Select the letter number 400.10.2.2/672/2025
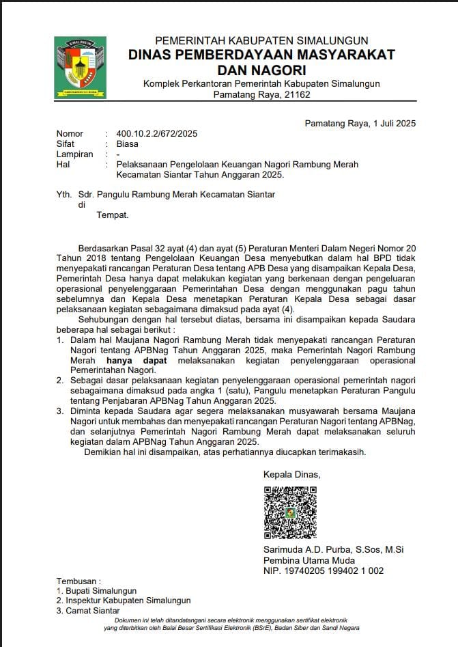click(x=157, y=134)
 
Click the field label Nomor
click(x=70, y=134)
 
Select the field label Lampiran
click(x=74, y=154)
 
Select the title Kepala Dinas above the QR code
click(x=291, y=475)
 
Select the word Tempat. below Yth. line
click(x=113, y=215)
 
